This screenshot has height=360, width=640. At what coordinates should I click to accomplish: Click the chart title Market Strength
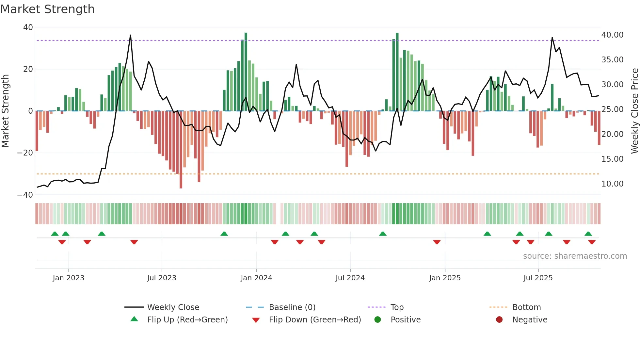(47, 9)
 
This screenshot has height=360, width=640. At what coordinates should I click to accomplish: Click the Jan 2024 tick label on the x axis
(256, 278)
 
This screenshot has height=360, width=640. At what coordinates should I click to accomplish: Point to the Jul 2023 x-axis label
(162, 278)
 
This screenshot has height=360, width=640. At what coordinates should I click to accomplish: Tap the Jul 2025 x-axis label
(538, 278)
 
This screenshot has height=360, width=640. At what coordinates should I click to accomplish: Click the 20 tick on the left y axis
(28, 69)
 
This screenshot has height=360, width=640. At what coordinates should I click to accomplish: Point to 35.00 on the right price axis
(612, 60)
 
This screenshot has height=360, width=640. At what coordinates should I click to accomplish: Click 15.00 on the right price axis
(612, 159)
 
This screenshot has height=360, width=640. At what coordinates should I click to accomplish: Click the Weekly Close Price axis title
(634, 111)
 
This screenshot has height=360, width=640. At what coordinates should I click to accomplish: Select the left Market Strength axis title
(5, 111)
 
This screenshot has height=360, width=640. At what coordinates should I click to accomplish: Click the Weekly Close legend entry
(173, 307)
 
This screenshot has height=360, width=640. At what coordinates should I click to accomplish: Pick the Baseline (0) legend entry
(292, 307)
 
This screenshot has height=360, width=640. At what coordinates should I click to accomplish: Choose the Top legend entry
(397, 307)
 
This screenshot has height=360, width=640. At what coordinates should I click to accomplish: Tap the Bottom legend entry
(526, 307)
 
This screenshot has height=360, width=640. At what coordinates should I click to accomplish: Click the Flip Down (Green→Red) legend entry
(315, 320)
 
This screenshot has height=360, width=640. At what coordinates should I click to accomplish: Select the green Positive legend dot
(378, 320)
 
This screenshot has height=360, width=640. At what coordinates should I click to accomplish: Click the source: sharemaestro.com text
(575, 256)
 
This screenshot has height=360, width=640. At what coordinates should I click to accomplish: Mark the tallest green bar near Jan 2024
(246, 72)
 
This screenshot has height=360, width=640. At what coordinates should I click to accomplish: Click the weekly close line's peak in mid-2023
(131, 35)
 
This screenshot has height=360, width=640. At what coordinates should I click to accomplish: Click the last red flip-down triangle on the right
(592, 242)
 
